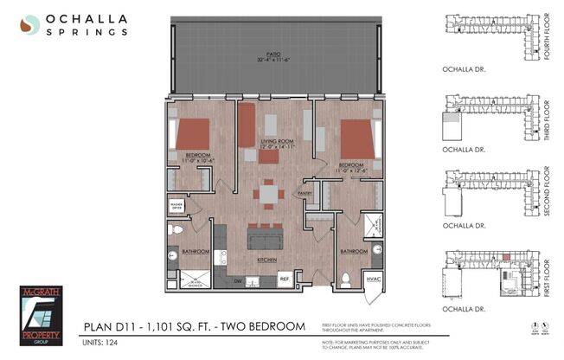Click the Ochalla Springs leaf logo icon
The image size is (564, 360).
pyautogui.click(x=30, y=25)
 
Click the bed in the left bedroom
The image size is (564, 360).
pyautogui.click(x=192, y=134)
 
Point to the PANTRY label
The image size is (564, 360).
pyautogui.click(x=304, y=193)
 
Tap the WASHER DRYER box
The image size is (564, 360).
pyautogui.click(x=180, y=206)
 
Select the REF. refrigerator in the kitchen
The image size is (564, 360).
pyautogui.click(x=284, y=280)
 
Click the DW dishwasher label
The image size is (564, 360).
pyautogui.click(x=238, y=280)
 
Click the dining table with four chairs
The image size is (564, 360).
pyautogui.click(x=271, y=195)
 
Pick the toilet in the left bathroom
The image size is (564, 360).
pyautogui.click(x=176, y=230)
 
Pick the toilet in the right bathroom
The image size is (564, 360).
pyautogui.click(x=345, y=279)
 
